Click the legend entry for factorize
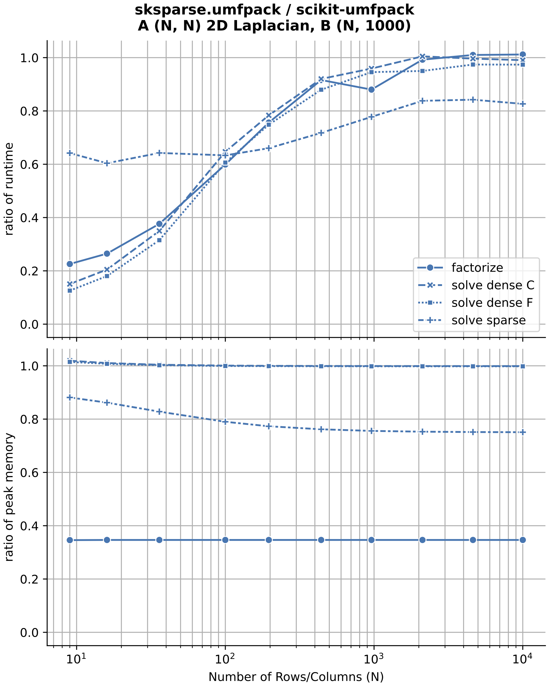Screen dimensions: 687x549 coord(477,268)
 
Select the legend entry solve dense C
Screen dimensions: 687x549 coord(492,285)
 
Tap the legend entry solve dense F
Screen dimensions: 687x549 coord(492,303)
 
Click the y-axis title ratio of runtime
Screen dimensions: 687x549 coord(9,189)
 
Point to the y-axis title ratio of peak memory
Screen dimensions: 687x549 coord(9,497)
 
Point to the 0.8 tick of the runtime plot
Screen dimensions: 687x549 coord(29,111)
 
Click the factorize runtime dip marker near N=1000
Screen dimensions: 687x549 coord(371,90)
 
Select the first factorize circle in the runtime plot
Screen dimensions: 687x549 coord(70,264)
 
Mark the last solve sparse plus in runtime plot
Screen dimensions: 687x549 coord(523,104)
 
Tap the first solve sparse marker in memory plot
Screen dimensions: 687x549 coord(70,397)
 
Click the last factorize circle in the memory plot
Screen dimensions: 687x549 coord(523,540)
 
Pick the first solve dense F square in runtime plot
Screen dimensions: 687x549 coord(70,290)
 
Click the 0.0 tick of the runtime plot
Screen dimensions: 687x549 coord(29,324)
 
